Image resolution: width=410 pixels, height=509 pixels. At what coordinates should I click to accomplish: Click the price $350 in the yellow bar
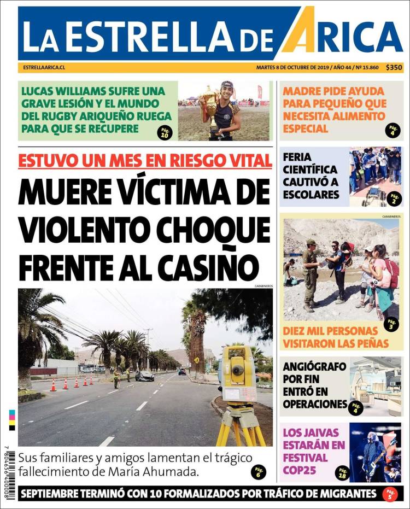click(394, 68)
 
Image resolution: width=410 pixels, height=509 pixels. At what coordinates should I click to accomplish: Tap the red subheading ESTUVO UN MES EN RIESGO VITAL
click(145, 160)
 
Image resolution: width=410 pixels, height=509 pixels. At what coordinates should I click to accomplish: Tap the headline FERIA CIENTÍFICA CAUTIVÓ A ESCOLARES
click(311, 175)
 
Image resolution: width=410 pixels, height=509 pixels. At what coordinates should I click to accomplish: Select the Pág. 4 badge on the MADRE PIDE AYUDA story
click(392, 130)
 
